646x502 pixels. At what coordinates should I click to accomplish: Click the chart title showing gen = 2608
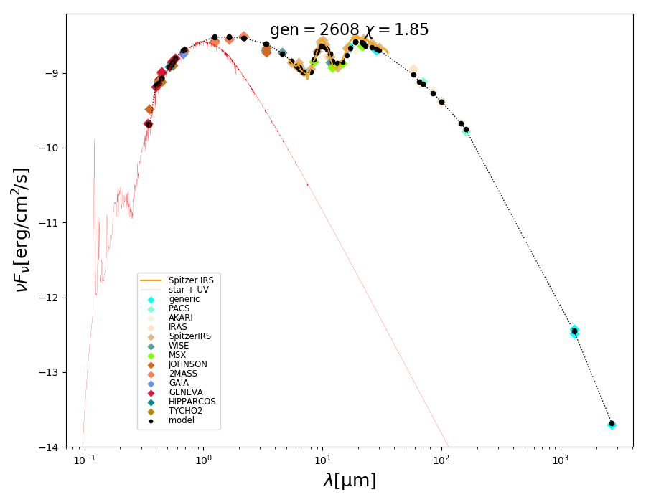tap(349, 30)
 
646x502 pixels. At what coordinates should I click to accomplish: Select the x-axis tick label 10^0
tap(203, 460)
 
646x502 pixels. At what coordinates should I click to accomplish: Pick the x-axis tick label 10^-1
tap(84, 460)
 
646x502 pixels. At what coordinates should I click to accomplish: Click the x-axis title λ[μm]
tap(349, 480)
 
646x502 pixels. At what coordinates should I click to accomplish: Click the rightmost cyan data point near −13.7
tap(612, 424)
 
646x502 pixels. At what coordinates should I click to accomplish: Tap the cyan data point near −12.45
tap(574, 331)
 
